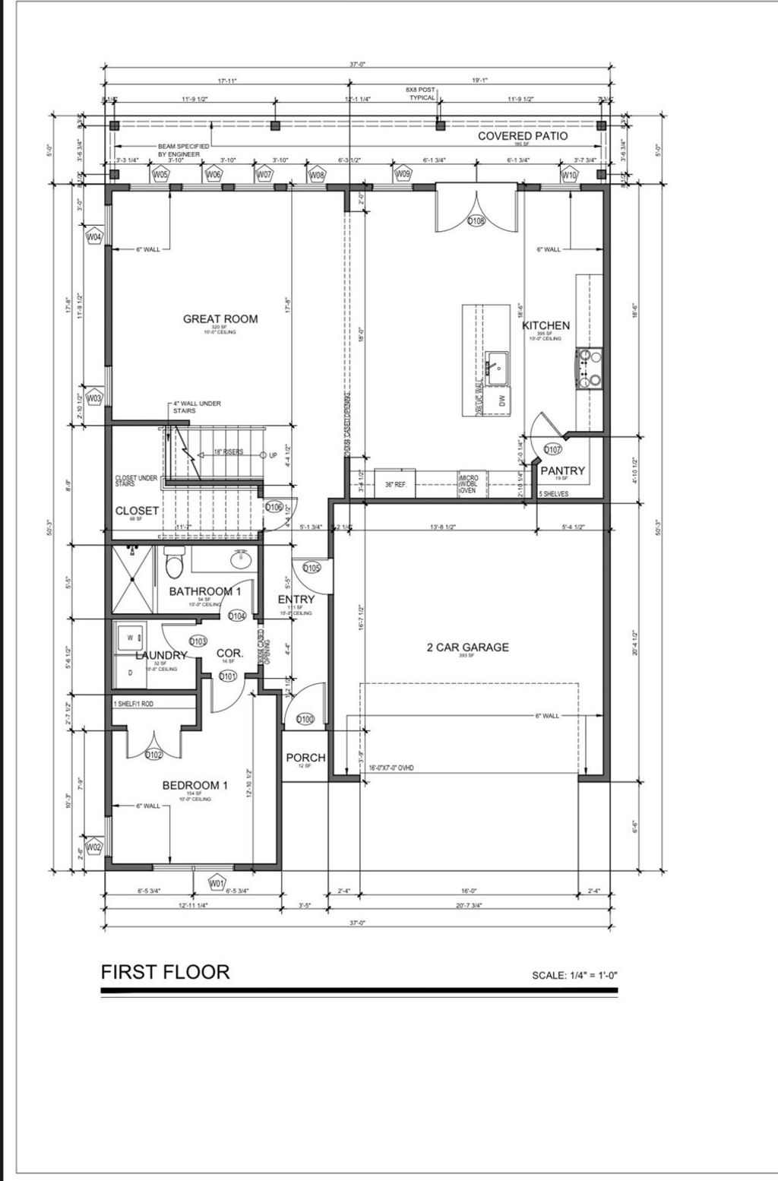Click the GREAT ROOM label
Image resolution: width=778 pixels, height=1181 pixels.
point(220,319)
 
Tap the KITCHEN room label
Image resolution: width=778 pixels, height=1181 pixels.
point(546,325)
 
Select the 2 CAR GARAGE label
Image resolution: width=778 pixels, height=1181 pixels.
point(467,647)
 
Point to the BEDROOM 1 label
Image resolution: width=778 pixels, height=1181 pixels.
point(194,785)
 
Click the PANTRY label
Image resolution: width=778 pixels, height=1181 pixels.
point(562,470)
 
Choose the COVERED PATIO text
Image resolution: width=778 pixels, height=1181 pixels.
point(522,136)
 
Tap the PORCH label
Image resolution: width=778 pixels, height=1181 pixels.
point(305,758)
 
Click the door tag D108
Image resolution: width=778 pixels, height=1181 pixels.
point(476,221)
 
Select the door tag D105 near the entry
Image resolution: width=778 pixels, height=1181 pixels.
point(312,568)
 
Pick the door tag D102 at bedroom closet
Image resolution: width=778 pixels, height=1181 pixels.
point(153,755)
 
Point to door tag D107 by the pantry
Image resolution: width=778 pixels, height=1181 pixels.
point(552,449)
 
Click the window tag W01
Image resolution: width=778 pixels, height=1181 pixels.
point(217,883)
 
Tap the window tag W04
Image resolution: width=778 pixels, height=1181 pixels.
point(94,238)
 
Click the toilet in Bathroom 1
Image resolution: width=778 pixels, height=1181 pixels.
point(174,563)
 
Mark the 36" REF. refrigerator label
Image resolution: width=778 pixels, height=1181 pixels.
point(396,483)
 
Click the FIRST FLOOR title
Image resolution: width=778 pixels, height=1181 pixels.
point(165,971)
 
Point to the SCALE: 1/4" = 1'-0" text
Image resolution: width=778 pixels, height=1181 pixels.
point(579,975)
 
